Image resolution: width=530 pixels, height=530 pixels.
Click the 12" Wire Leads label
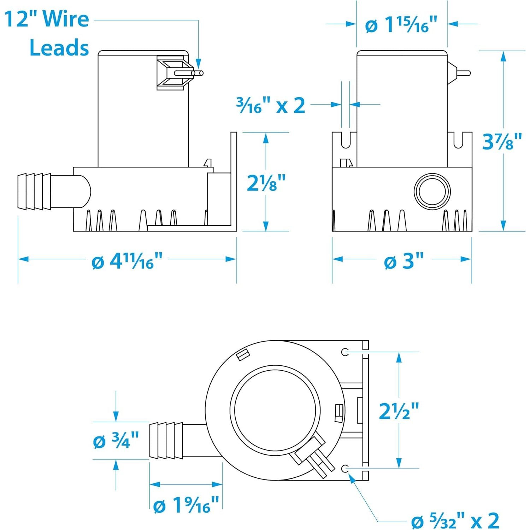click(47, 33)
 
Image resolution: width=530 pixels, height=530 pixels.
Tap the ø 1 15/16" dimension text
click(401, 24)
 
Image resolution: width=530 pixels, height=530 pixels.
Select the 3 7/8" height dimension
click(502, 141)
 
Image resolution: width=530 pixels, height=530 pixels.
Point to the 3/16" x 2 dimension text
click(271, 105)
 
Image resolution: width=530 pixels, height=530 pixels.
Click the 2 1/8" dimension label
click(266, 183)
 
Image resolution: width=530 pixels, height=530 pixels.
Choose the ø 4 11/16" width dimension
click(127, 261)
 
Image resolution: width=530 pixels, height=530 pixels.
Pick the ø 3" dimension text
click(404, 261)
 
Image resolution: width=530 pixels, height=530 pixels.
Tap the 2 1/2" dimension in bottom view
click(399, 411)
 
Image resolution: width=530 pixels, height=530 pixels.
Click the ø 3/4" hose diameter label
click(116, 440)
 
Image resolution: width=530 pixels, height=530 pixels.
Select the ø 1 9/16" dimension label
click(186, 505)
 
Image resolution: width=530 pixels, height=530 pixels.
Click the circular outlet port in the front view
click(432, 192)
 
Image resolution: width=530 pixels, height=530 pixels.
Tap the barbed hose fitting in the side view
click(34, 192)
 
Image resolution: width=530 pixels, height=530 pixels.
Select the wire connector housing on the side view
click(170, 73)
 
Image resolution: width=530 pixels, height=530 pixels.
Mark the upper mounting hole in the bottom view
click(345, 352)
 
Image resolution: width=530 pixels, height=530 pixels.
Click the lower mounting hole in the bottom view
click(345, 469)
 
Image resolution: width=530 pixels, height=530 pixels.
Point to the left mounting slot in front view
click(346, 140)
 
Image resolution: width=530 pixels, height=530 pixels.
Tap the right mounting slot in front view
click(458, 140)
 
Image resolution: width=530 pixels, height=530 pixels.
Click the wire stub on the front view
click(463, 73)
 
